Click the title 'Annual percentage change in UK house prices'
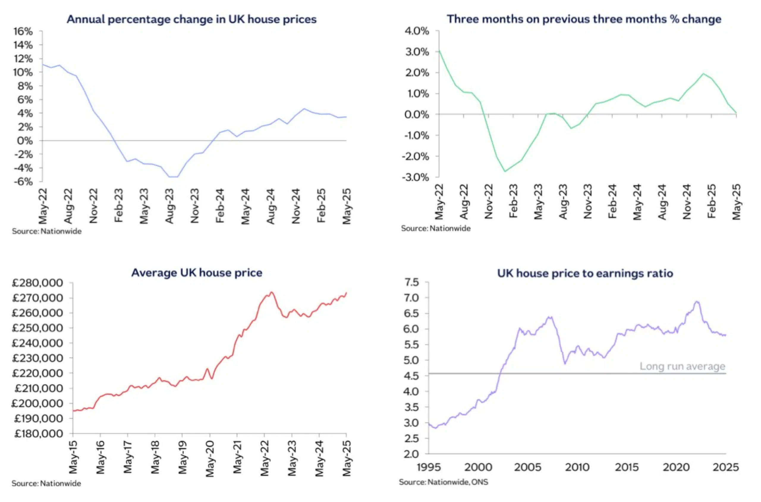[x=191, y=19]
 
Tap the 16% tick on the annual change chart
[x=23, y=31]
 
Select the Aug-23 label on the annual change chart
[x=169, y=206]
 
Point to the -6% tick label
[x=23, y=181]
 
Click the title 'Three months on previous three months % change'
[x=584, y=19]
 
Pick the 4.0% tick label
[x=416, y=31]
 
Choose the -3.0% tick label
[x=415, y=177]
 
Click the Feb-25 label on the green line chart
[x=711, y=201]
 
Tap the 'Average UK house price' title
[x=197, y=273]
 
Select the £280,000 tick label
[x=37, y=283]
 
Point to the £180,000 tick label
[x=37, y=433]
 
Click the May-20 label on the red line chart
[x=210, y=458]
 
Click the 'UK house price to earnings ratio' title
[x=585, y=273]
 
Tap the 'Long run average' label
[x=682, y=366]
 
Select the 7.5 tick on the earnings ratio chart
[x=412, y=282]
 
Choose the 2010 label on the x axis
[x=577, y=467]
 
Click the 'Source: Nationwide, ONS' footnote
[x=443, y=482]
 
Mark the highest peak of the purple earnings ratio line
[x=696, y=301]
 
